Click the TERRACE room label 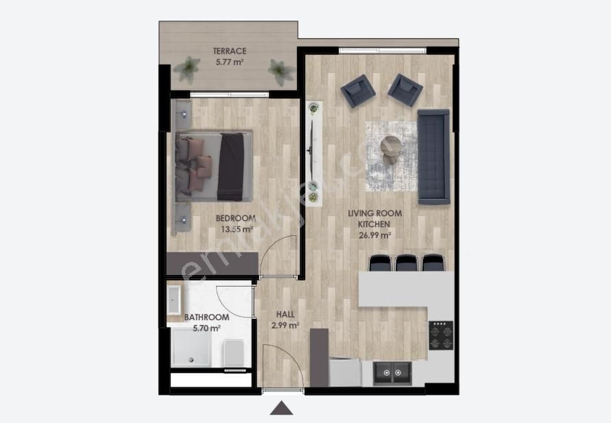click(230, 51)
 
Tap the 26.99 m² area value click(374, 235)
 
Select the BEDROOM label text click(236, 219)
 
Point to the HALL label click(285, 314)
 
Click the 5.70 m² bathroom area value click(207, 328)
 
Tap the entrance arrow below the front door click(281, 408)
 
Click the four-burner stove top click(441, 335)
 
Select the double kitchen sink click(392, 374)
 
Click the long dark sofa click(433, 157)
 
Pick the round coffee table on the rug click(392, 145)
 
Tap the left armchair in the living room click(358, 90)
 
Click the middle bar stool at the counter click(407, 263)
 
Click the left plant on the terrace click(187, 69)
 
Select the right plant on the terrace click(280, 72)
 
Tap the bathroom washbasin click(173, 300)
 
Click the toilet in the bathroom click(233, 353)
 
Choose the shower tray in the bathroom click(191, 347)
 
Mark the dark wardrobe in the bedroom click(213, 264)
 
